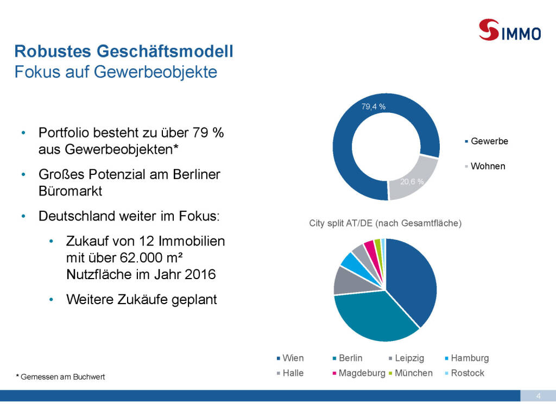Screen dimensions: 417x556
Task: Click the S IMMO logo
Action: point(510,29)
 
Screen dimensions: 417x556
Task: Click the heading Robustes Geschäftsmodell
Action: point(124,52)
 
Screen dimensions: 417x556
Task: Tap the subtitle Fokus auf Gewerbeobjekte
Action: point(116,71)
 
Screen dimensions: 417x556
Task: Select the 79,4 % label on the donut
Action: point(374,107)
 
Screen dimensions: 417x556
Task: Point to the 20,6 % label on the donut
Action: point(412,182)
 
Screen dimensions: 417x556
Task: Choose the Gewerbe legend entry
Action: point(489,141)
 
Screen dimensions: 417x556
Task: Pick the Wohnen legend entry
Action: point(488,166)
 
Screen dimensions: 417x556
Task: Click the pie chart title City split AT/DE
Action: point(386,223)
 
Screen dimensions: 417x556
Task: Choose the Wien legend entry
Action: point(293,358)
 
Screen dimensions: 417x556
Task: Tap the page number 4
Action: point(538,395)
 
